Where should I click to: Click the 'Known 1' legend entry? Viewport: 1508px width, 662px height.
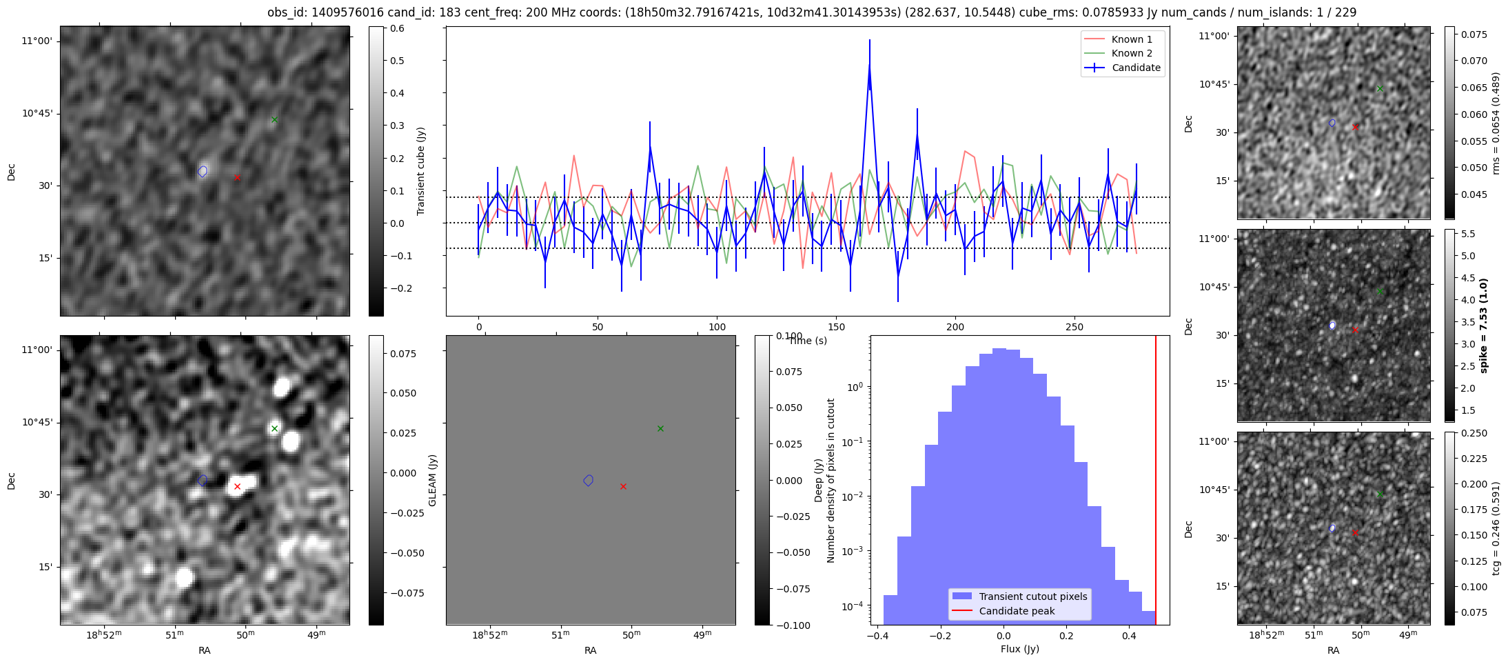(1123, 39)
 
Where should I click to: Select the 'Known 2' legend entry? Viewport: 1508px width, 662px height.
(1123, 53)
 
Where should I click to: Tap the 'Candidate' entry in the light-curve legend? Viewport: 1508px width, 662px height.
(1123, 68)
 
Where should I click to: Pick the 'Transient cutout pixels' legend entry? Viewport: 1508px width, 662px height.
(1019, 596)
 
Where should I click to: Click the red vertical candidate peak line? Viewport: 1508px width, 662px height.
(1156, 480)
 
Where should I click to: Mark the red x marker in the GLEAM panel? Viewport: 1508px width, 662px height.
(623, 486)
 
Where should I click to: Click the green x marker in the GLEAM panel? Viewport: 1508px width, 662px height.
(660, 428)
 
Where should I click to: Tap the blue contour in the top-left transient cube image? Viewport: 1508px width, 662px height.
(203, 171)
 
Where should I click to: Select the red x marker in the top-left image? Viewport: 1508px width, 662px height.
(237, 177)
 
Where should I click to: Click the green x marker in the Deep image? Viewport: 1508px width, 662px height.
(274, 428)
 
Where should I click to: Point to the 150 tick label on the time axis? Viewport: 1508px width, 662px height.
(836, 327)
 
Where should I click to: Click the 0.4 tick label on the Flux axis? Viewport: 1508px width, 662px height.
(1129, 636)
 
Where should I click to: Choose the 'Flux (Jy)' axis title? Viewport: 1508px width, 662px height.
(1020, 649)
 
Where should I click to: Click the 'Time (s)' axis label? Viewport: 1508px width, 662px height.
(808, 341)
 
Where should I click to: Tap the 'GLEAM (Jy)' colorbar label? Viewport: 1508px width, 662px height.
(433, 480)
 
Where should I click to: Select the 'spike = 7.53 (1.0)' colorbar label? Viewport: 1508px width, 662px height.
(1484, 325)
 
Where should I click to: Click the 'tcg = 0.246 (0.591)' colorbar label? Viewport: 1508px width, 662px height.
(1496, 528)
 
